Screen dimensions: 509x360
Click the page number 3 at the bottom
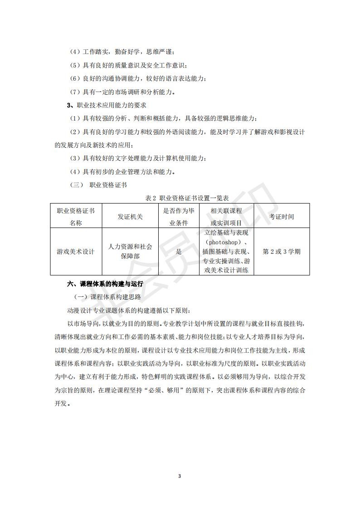(180, 476)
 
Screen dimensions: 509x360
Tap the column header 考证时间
(282, 217)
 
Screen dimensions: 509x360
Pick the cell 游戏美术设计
(76, 252)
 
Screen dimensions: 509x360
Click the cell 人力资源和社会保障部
(131, 252)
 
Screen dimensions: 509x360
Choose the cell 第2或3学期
(282, 252)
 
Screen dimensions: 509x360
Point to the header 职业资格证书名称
(76, 217)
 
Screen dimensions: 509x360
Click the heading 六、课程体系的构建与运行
(105, 284)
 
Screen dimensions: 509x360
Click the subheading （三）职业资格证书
(98, 185)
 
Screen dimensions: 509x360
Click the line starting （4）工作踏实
(122, 53)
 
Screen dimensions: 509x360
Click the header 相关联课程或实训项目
(226, 217)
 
